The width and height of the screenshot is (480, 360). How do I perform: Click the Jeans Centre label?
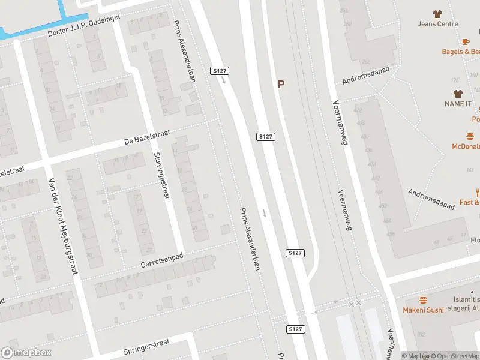point(438,24)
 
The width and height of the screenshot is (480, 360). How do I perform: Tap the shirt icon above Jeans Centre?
point(437,13)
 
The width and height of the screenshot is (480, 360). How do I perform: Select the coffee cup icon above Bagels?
point(466,41)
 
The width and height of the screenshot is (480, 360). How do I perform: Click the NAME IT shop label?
point(458,104)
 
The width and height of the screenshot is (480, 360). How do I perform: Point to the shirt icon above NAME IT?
point(458,94)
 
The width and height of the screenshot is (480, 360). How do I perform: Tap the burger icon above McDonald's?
point(470,136)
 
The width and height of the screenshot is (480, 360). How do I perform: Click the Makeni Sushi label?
point(423,310)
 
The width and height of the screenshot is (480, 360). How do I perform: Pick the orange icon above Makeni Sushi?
point(423,299)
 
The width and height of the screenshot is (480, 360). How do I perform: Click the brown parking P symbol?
point(281,85)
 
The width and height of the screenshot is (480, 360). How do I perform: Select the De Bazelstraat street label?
point(144,140)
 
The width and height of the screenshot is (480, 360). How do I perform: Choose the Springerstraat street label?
point(146,346)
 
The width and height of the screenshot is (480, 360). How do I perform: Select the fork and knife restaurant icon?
point(478,193)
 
